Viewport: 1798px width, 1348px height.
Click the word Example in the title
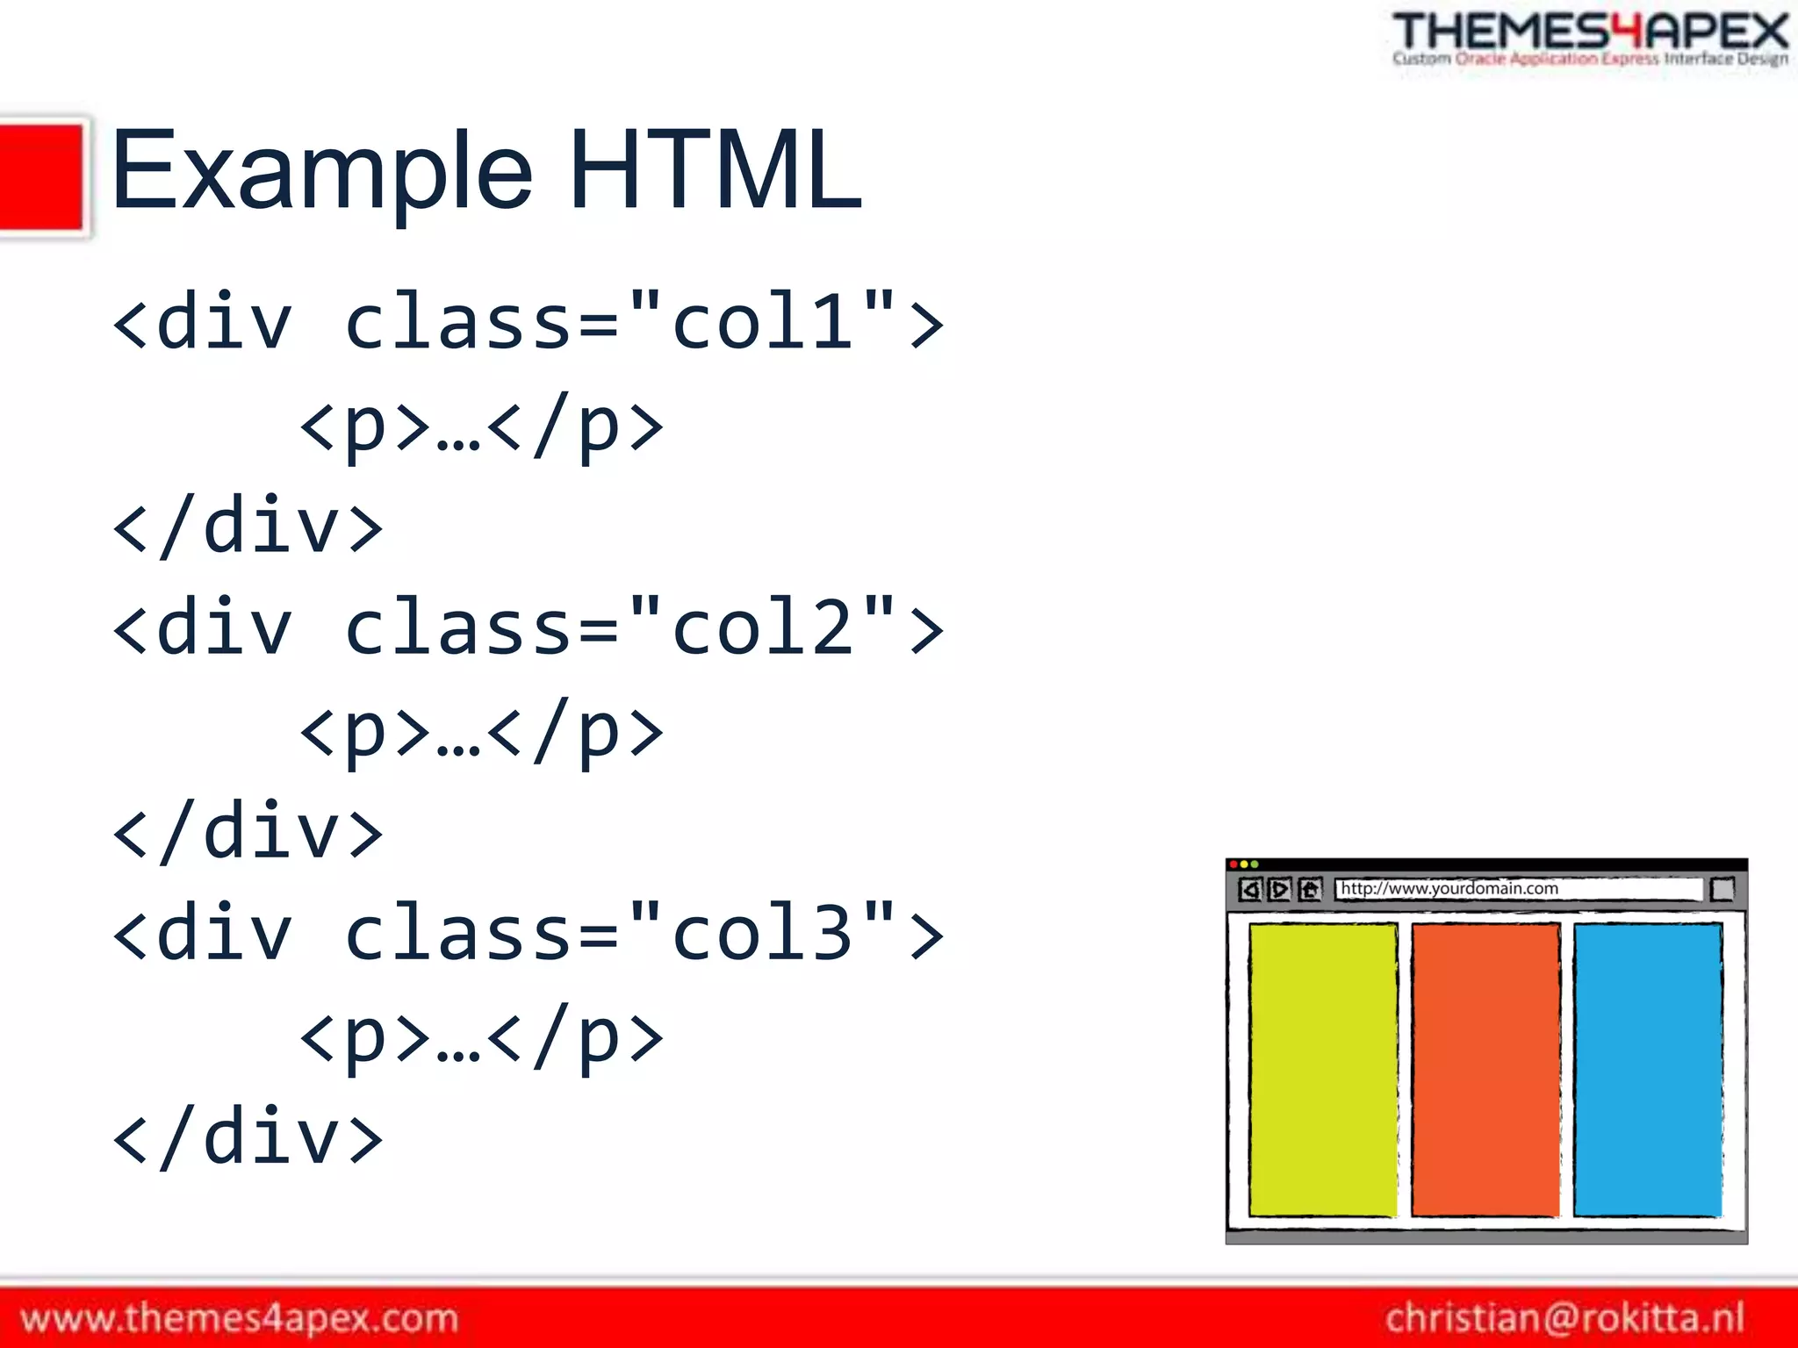tap(321, 171)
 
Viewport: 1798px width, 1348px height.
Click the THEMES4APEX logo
tap(1590, 32)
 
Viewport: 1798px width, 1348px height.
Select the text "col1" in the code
tap(762, 323)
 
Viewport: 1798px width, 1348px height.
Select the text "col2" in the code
tap(762, 628)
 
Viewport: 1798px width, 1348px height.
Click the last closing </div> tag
tap(248, 1137)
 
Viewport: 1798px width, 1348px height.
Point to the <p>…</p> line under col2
tap(481, 730)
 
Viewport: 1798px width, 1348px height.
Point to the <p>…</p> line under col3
tap(481, 1036)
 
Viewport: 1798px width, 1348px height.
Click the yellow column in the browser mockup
tap(1322, 1069)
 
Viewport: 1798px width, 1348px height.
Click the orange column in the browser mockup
tap(1485, 1069)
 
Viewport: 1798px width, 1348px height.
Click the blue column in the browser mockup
tap(1647, 1069)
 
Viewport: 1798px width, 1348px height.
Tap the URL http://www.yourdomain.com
tap(1449, 888)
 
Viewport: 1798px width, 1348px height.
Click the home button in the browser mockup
tap(1310, 890)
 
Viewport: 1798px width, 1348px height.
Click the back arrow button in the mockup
tap(1250, 890)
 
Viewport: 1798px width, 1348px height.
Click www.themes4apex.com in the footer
tap(239, 1318)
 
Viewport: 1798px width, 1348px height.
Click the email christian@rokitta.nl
tap(1564, 1318)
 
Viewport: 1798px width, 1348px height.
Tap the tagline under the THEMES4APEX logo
tap(1590, 60)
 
